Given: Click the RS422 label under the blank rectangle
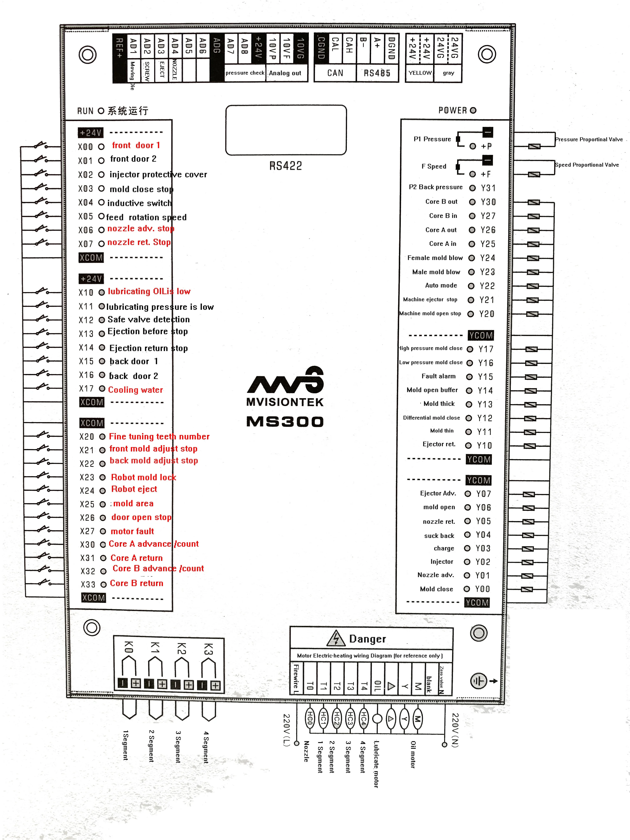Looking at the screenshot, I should point(286,166).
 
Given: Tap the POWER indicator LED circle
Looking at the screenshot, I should point(473,110).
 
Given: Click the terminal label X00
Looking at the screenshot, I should point(85,147).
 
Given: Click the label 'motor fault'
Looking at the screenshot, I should point(132,531).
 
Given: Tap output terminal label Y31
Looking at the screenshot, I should point(488,188).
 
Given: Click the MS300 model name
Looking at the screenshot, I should point(285,421).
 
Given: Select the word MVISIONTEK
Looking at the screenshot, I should point(285,402).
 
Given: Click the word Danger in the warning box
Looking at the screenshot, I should point(367,639).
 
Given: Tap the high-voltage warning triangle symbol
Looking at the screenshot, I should point(336,638).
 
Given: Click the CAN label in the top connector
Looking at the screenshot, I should point(335,73).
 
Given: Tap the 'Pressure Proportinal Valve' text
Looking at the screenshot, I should point(589,139).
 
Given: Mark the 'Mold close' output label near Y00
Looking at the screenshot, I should point(436,589).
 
